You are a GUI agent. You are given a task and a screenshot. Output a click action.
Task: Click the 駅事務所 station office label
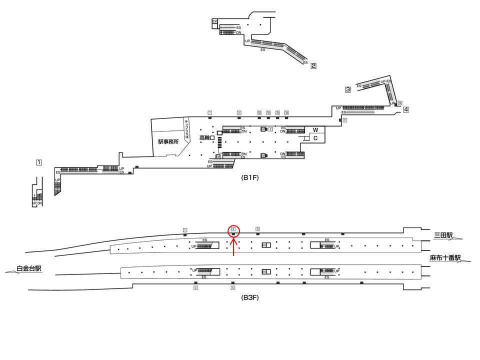click(x=168, y=141)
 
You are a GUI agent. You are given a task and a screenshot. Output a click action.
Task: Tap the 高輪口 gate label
click(x=206, y=137)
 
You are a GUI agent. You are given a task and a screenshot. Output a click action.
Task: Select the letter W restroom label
click(x=315, y=130)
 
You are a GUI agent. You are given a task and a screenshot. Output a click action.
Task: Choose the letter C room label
click(x=315, y=138)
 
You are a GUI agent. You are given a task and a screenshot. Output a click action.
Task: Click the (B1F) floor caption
click(x=249, y=177)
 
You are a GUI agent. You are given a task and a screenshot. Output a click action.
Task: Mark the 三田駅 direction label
click(x=443, y=234)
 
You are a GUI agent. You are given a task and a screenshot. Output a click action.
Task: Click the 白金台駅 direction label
click(x=29, y=268)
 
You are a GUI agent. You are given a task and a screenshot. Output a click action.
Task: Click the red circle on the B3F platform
click(x=233, y=230)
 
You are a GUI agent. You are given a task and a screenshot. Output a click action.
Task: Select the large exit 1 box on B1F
click(x=38, y=162)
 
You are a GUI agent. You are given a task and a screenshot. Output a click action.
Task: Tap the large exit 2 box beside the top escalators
click(x=313, y=65)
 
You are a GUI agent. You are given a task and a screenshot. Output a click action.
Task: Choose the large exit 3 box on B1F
click(x=348, y=89)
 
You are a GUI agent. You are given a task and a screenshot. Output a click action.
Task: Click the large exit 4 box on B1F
click(x=406, y=109)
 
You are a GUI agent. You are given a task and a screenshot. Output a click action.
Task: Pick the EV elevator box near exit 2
click(x=214, y=21)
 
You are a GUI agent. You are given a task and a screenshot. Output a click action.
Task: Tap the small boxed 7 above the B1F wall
click(x=210, y=112)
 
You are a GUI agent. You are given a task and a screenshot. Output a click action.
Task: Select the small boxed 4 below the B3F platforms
click(x=196, y=288)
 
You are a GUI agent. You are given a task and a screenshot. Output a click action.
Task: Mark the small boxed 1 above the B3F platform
click(x=185, y=230)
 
